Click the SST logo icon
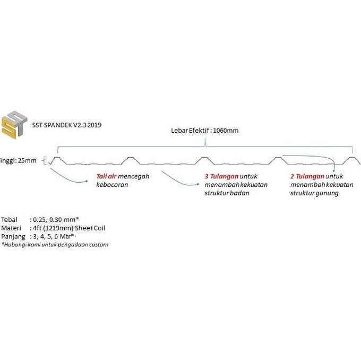(14, 125)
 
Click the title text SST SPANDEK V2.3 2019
(66, 125)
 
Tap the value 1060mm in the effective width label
(226, 131)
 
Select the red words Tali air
(106, 176)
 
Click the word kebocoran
(112, 185)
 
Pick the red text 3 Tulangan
(221, 176)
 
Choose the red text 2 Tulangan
(307, 176)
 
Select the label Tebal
(9, 220)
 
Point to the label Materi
(11, 228)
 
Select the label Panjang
(13, 237)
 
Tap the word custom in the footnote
(99, 245)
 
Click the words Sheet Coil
(90, 228)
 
